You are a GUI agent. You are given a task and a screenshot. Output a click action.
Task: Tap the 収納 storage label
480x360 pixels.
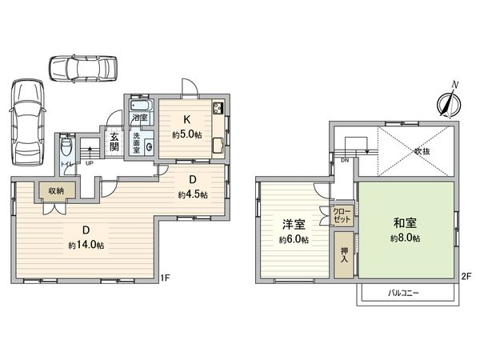(55, 190)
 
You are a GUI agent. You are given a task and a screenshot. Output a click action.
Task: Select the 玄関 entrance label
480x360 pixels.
(114, 141)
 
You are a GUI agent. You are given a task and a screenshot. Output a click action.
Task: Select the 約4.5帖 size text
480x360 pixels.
(194, 194)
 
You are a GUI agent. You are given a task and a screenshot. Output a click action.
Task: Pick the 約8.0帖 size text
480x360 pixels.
(405, 238)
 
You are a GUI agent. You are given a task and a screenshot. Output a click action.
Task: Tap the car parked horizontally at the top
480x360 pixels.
(82, 70)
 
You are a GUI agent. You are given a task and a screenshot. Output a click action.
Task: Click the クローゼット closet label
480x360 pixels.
(342, 214)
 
